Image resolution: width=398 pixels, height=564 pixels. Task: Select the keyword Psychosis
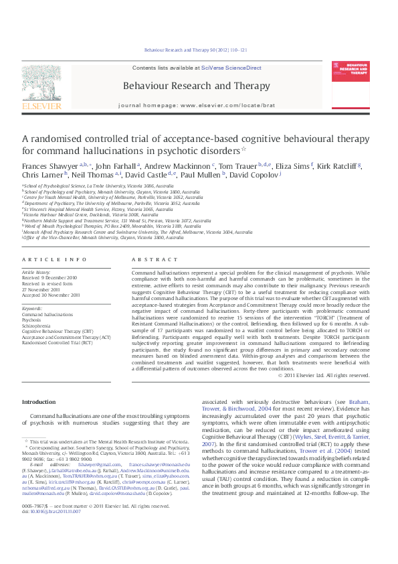tap(32, 320)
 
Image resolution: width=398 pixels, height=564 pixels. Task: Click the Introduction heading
tap(39, 402)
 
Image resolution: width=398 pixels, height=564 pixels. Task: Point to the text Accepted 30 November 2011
tap(51, 295)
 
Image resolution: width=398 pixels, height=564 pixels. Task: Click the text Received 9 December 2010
tap(49, 277)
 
